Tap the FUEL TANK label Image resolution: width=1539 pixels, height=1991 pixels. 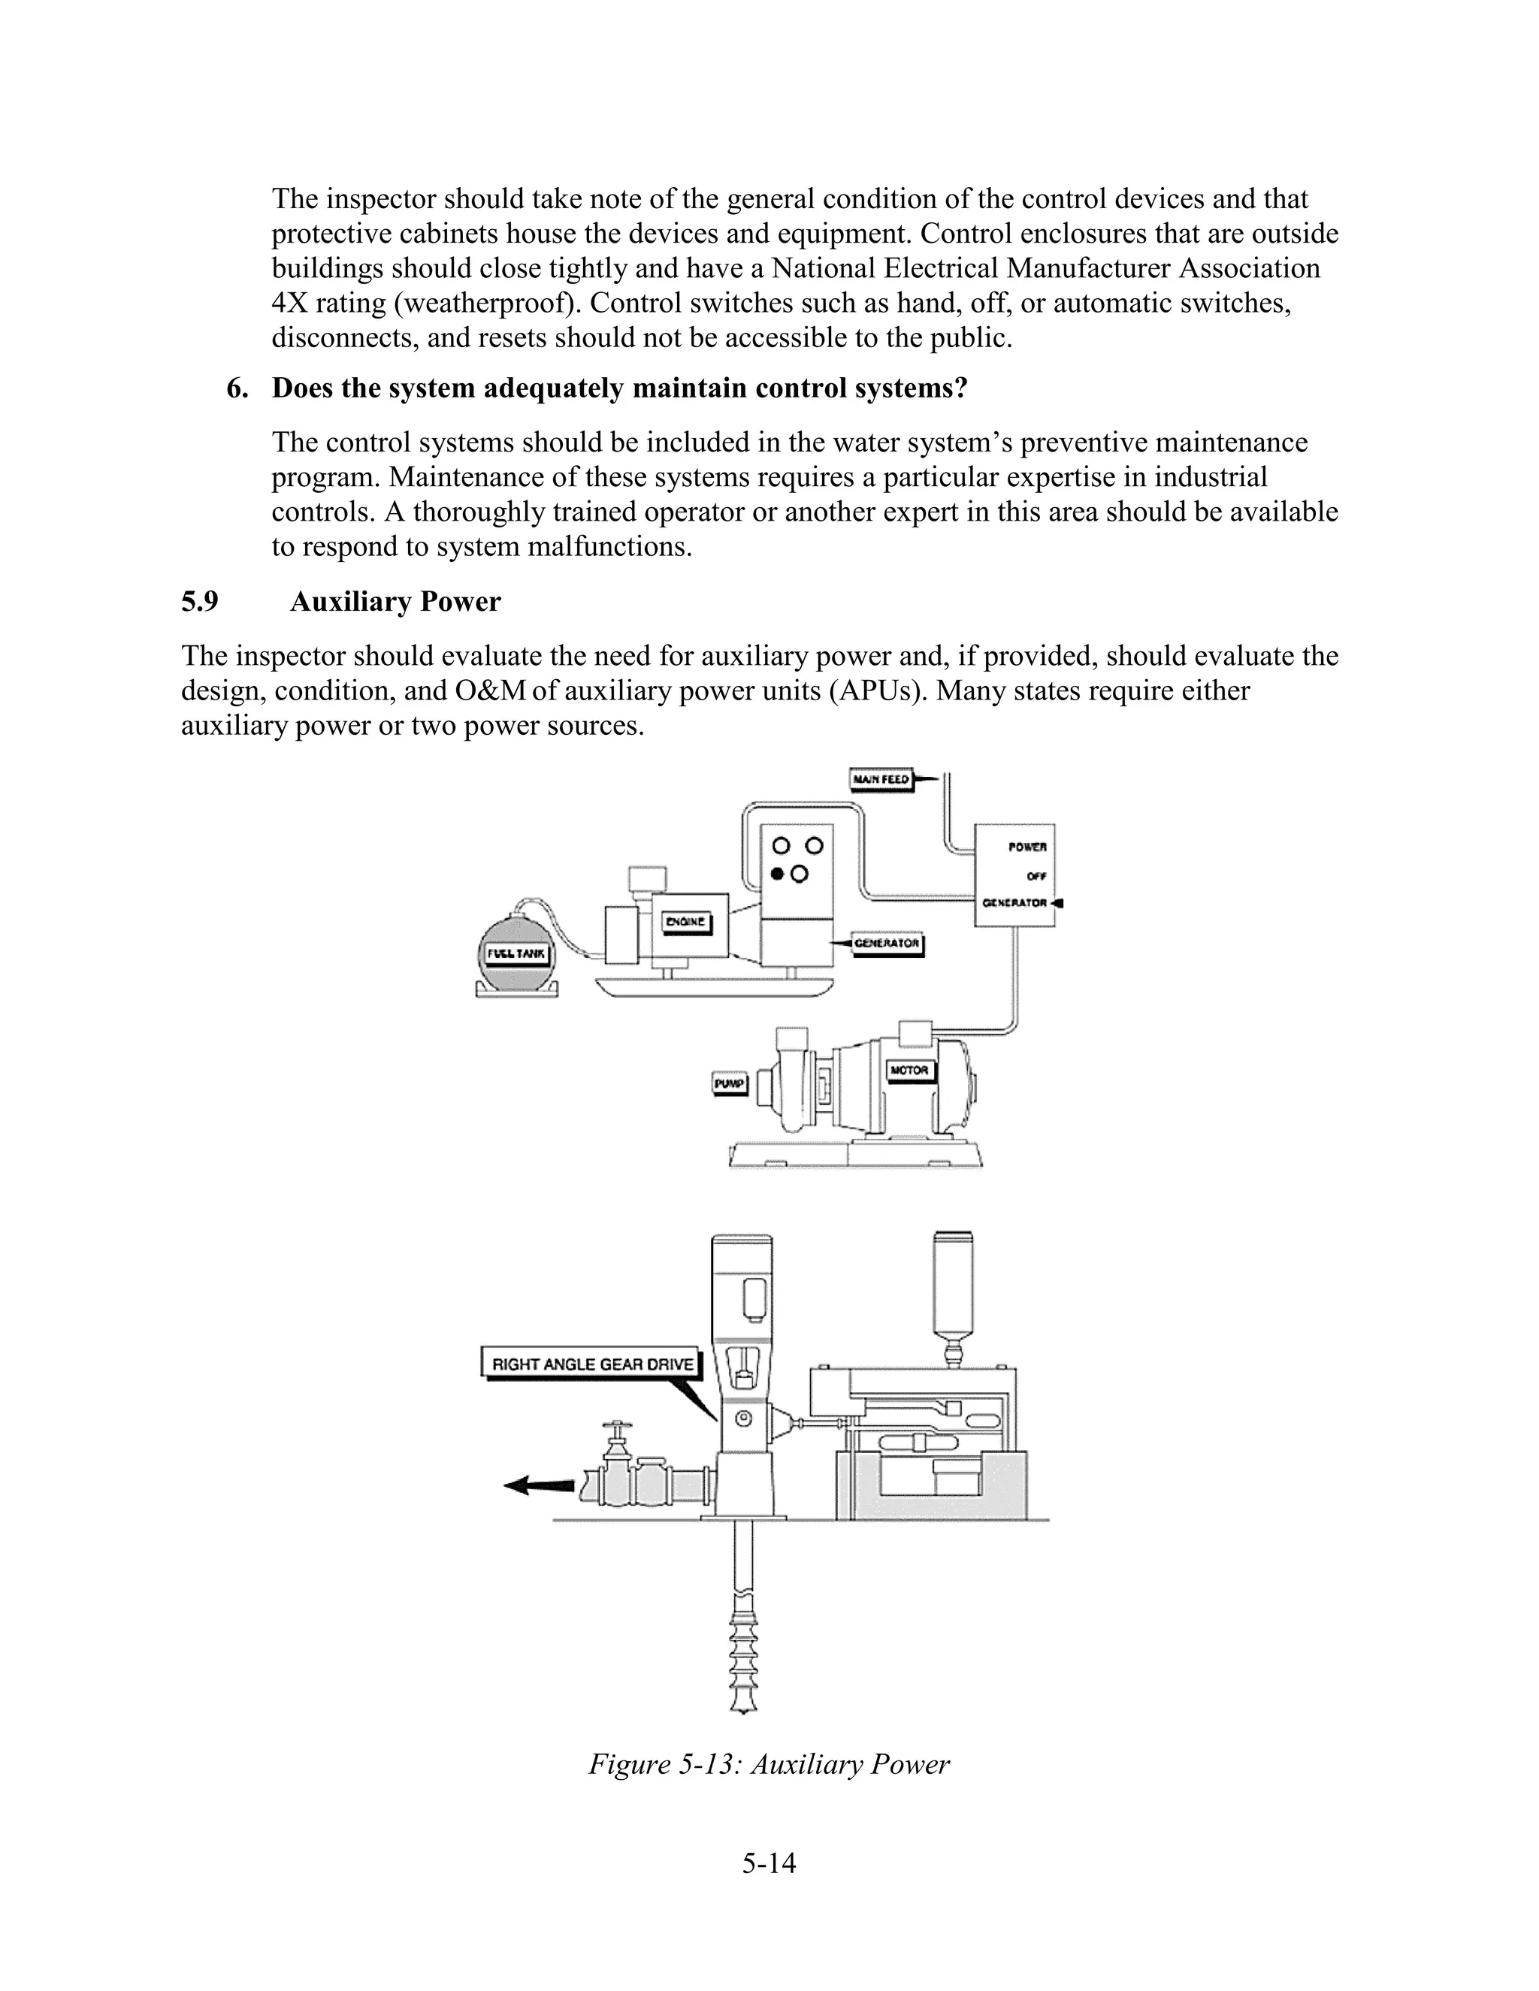[x=516, y=954]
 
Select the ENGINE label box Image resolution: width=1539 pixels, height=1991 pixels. [x=685, y=922]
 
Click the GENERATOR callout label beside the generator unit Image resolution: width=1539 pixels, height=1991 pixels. [x=886, y=944]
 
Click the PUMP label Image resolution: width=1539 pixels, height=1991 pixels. [x=730, y=1084]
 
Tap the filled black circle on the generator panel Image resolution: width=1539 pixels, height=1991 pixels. [x=778, y=875]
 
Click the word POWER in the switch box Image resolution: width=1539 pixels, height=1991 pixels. [x=1027, y=847]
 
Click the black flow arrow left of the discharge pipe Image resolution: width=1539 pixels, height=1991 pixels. [x=538, y=1485]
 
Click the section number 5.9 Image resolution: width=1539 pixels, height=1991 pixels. [x=200, y=603]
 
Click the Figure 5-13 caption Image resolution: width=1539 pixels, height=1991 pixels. [x=769, y=1764]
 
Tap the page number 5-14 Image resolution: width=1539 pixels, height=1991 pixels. [x=769, y=1863]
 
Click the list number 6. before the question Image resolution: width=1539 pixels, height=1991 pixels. [x=237, y=389]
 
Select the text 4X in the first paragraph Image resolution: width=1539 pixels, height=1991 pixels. [x=291, y=304]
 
